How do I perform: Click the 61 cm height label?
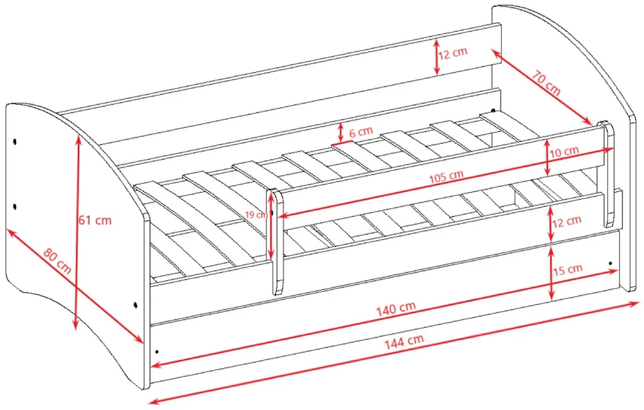tap(95, 220)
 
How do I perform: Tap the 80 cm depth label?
tap(57, 261)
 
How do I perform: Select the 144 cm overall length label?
tap(404, 342)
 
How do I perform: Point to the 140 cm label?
tap(396, 308)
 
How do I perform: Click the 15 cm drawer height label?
tap(568, 270)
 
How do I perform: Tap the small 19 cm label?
tap(255, 215)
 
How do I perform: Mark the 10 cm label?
tap(564, 152)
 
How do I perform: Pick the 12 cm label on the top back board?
tap(453, 53)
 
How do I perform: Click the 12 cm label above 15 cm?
tap(567, 222)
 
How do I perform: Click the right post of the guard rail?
tap(607, 174)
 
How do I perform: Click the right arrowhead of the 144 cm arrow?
tap(636, 304)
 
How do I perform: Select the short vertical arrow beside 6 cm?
tap(340, 132)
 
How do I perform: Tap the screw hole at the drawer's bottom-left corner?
tap(157, 352)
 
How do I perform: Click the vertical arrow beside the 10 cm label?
tap(547, 157)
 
